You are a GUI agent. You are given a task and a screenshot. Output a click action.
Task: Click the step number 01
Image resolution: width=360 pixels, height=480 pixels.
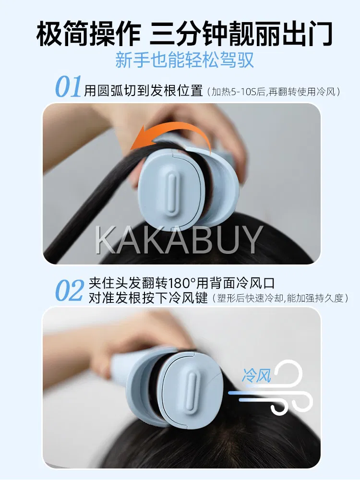pos(69,86)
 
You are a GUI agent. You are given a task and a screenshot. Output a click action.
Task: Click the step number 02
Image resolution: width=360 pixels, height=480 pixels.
pos(69,290)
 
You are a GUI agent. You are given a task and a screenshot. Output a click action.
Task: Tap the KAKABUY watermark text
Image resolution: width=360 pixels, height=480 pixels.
pos(179,240)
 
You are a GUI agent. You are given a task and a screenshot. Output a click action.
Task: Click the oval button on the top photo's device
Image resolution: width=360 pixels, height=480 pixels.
pos(172,192)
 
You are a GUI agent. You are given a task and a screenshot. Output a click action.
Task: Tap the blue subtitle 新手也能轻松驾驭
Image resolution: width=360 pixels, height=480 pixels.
pos(184,60)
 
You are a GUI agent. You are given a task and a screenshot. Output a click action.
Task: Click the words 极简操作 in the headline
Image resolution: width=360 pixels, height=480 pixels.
pos(88,34)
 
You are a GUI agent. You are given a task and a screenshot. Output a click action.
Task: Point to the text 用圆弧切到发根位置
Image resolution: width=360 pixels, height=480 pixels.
pos(144,91)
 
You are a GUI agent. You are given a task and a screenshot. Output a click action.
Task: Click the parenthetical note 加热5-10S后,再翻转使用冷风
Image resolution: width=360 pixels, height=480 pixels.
pos(274,92)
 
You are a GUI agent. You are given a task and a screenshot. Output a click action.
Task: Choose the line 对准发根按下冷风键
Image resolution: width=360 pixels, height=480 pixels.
pos(148,298)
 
